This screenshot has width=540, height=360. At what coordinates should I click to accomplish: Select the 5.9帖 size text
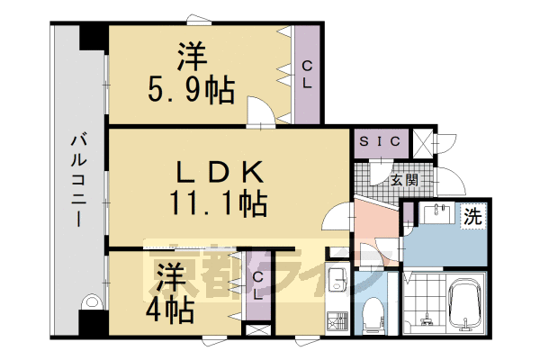(191, 90)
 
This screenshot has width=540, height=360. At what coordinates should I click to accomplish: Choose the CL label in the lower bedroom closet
(257, 287)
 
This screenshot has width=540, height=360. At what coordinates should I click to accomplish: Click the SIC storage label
(381, 142)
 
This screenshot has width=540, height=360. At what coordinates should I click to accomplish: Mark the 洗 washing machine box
(472, 216)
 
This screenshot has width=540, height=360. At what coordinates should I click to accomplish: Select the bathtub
(465, 310)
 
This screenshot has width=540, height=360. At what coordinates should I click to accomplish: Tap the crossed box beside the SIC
(421, 142)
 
